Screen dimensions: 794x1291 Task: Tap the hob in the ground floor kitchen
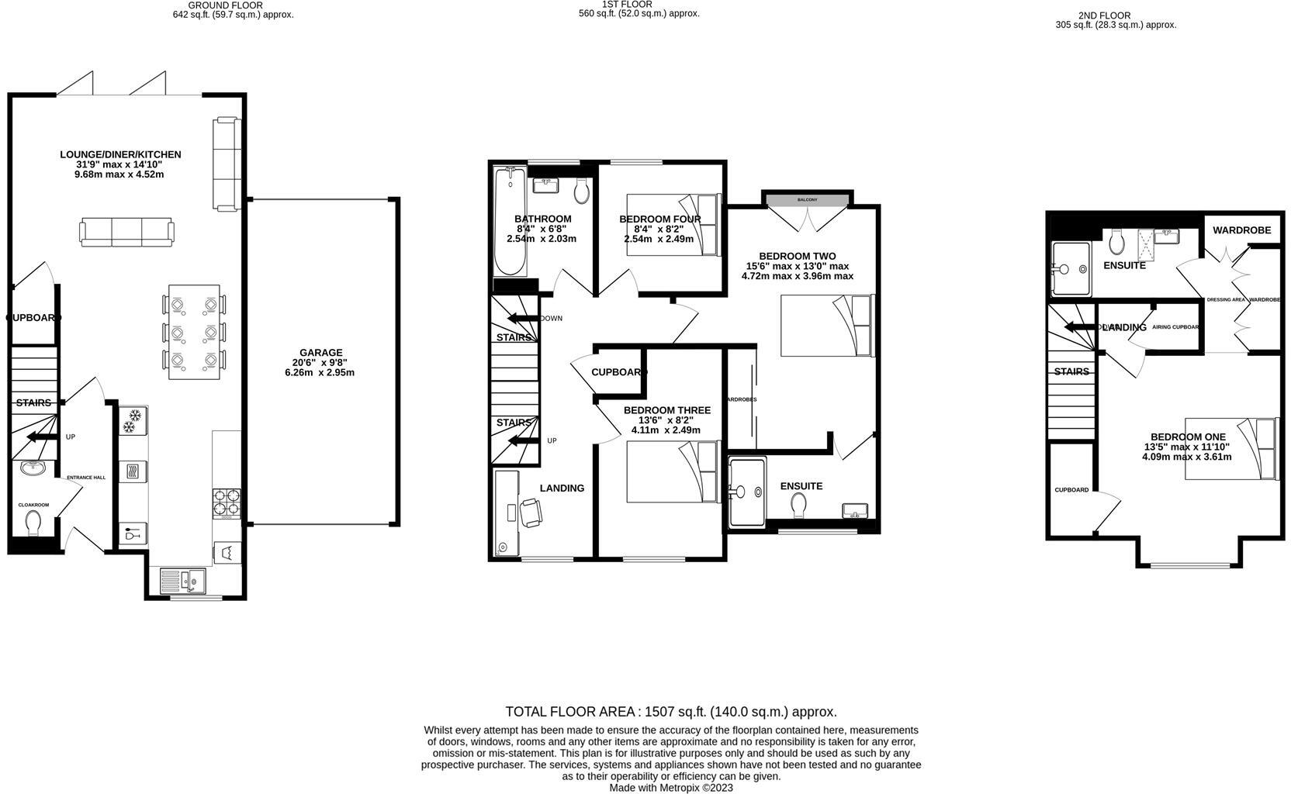click(226, 502)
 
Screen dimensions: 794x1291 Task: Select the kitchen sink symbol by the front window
click(181, 579)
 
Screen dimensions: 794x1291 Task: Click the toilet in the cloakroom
click(33, 523)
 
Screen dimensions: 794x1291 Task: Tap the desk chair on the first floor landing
click(532, 513)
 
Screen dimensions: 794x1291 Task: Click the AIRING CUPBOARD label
click(1175, 327)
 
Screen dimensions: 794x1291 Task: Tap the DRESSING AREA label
click(1225, 299)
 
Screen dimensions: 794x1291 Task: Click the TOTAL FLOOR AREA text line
click(671, 712)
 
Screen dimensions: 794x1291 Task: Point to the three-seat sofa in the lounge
click(126, 232)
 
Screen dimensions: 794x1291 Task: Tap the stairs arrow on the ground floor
click(42, 438)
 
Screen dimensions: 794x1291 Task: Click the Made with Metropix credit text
click(671, 788)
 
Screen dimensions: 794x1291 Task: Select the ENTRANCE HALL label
click(85, 478)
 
